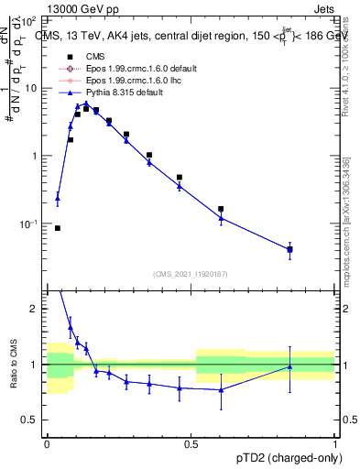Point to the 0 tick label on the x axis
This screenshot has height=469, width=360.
[x=47, y=442]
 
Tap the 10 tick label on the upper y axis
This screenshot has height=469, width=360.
[x=30, y=89]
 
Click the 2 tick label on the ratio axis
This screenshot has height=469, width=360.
[x=35, y=309]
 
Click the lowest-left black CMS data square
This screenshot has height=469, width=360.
[x=58, y=228]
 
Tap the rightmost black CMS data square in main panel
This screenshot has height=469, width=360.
[x=289, y=249]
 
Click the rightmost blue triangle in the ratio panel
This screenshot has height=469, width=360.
[x=289, y=366]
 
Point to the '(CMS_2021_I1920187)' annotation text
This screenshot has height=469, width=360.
[x=191, y=274]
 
